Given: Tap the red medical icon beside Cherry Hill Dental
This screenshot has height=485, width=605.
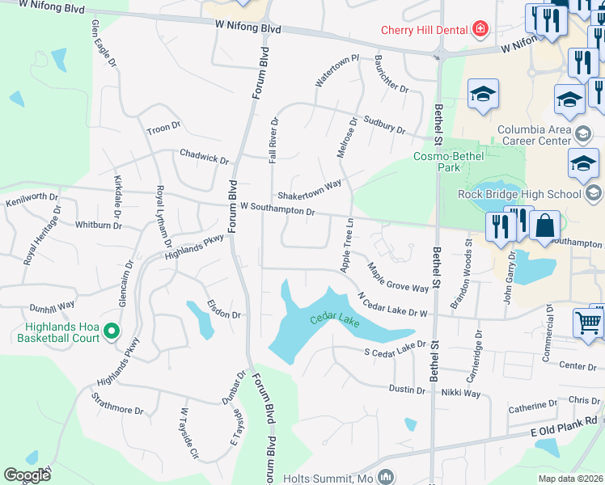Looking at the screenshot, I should [480, 30].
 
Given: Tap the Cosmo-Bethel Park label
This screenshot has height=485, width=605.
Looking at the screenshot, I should [437, 162].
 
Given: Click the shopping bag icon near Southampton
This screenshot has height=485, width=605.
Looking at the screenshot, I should [545, 227].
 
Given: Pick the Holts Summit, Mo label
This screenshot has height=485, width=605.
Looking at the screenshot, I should [328, 478].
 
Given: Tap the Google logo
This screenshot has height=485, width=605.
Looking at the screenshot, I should [27, 475].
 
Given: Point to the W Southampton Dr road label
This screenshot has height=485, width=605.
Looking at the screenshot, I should [277, 209].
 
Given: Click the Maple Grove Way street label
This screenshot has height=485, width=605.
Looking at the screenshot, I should [397, 277].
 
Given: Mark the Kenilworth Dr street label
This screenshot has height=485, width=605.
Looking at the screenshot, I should [32, 198].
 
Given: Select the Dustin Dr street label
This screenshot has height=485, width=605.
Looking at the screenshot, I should [407, 390].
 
